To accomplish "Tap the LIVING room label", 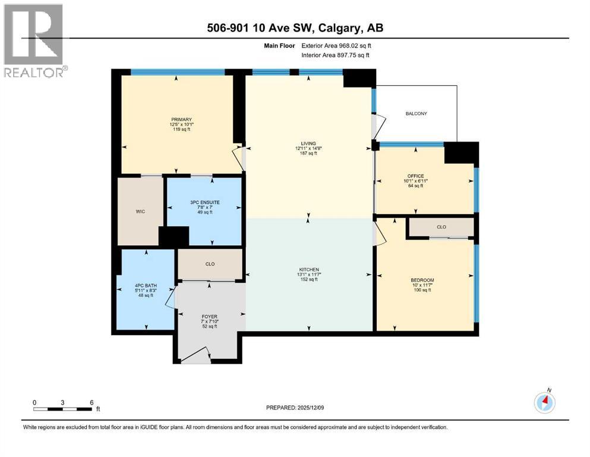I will [x=308, y=143].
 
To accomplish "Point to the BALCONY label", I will [x=416, y=114].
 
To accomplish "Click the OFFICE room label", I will [x=416, y=176].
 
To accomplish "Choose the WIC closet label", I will [x=140, y=211].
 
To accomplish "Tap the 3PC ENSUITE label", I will [x=204, y=202].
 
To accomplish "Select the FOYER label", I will [x=209, y=316].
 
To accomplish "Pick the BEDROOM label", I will [x=422, y=280].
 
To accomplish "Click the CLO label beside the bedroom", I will [x=441, y=227].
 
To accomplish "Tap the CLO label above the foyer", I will [x=210, y=265].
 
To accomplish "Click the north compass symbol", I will [x=545, y=402].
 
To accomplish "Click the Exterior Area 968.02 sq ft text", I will [x=339, y=46].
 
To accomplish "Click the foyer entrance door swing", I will [x=195, y=355].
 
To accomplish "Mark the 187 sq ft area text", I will [x=308, y=153].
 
